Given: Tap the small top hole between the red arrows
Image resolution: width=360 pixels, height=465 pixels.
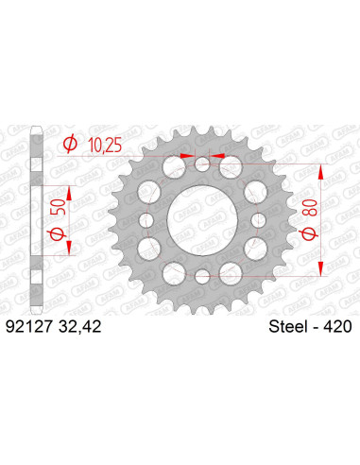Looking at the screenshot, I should (x=201, y=166).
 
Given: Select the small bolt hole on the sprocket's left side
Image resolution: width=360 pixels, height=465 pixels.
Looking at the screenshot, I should (x=146, y=221).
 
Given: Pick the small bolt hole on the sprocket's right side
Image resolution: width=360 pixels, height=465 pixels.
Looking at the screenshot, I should (x=256, y=221).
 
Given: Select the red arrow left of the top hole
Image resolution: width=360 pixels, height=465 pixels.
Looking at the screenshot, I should (x=187, y=157).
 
